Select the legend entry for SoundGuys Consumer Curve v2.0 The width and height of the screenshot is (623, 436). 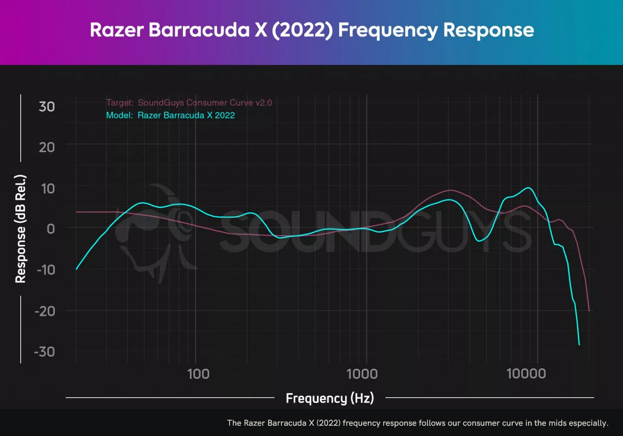204,103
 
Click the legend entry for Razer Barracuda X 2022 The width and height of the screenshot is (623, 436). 186,115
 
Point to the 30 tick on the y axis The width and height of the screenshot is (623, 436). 47,106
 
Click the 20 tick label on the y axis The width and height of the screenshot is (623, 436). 47,147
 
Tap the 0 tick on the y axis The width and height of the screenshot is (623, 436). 50,229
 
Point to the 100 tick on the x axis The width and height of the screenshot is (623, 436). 198,374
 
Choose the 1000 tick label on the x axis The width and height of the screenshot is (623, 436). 362,374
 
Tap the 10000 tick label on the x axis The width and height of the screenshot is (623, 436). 526,374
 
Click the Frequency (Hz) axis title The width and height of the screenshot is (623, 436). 330,398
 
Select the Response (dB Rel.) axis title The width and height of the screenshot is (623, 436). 21,229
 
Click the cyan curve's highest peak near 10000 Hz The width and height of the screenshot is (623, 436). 528,188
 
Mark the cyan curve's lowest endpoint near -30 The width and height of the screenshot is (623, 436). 579,345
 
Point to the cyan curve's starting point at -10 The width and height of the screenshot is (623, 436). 77,269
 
